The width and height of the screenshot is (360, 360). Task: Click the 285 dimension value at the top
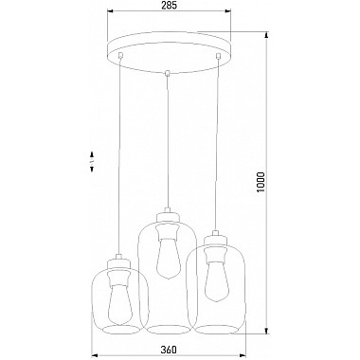coord(169,5)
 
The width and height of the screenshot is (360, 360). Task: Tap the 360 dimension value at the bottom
coord(169,350)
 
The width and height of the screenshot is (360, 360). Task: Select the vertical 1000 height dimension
coord(261,183)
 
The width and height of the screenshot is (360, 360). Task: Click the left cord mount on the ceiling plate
coord(119,55)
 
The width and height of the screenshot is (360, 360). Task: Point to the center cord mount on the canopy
coord(168,73)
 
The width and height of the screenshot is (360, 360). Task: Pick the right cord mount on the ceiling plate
coord(218,56)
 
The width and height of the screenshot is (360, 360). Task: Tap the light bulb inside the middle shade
coord(168,258)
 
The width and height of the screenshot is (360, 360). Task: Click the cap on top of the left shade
coord(118,261)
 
